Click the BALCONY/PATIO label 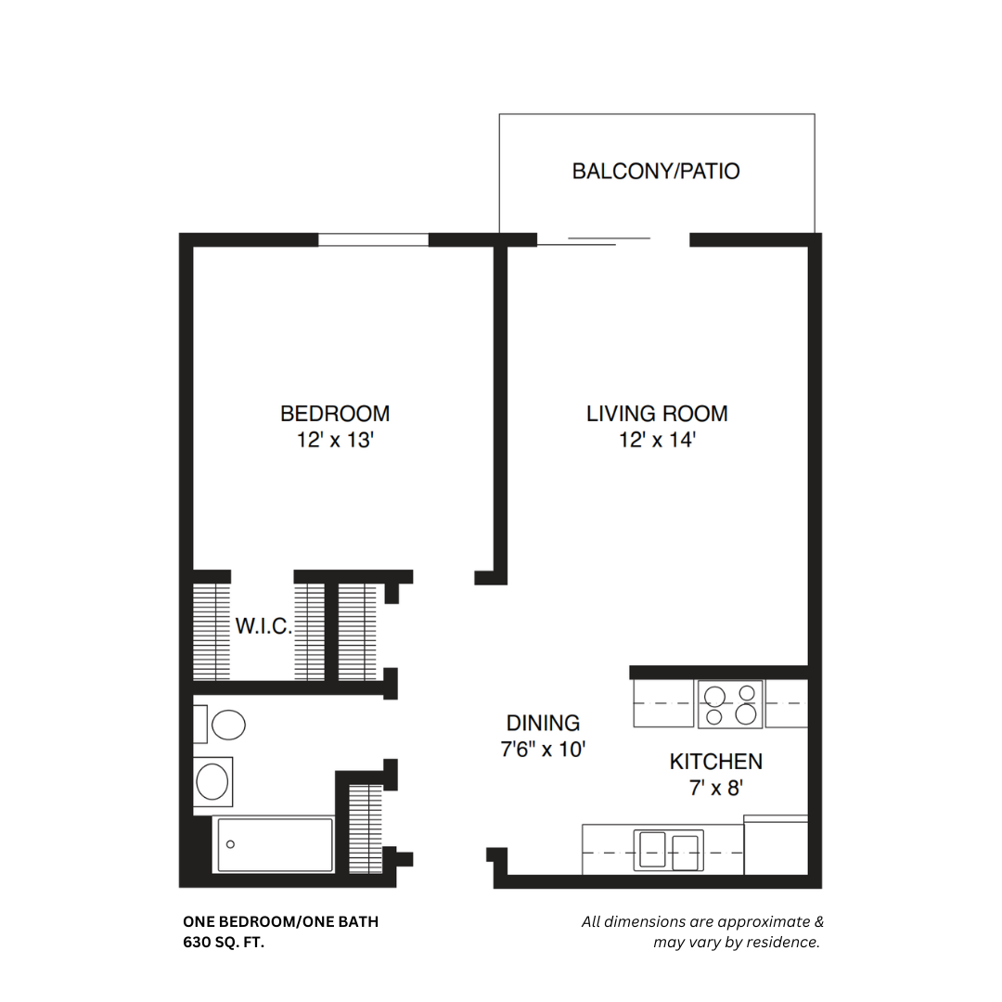point(656,172)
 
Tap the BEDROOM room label point(335,413)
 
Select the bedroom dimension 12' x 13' point(335,440)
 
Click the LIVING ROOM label point(657,413)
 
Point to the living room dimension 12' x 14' point(657,440)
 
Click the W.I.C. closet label point(263,626)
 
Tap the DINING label point(543,723)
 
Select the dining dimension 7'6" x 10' point(543,749)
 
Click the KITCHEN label point(716,762)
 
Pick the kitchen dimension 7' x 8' point(716,788)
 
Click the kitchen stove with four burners point(730,704)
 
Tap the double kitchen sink point(668,851)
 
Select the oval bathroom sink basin point(213,781)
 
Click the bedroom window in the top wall point(373,239)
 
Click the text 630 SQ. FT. point(229,942)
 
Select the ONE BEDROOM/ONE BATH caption point(280,921)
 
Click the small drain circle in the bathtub point(231,844)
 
